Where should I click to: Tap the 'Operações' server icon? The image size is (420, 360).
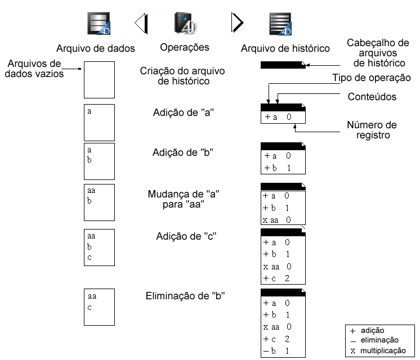184,23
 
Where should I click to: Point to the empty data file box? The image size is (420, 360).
99,79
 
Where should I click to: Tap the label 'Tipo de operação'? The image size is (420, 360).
372,78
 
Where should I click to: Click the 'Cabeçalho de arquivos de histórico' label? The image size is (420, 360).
378,52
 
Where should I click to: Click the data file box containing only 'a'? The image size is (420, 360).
99,122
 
